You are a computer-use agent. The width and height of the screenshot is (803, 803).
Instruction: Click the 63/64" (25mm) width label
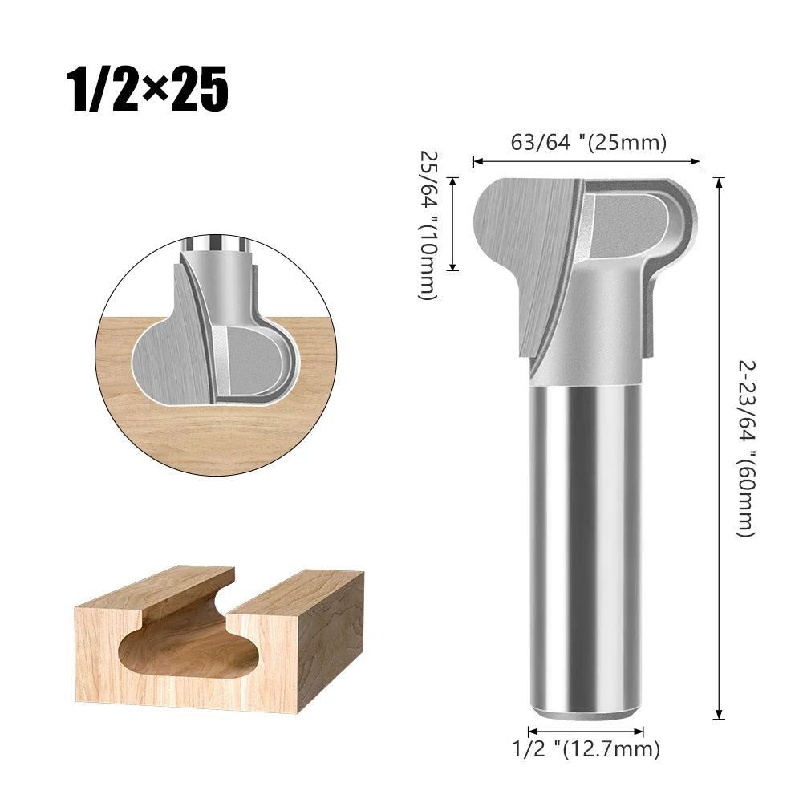tap(589, 143)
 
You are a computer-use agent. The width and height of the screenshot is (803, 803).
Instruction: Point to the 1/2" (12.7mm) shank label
tap(586, 749)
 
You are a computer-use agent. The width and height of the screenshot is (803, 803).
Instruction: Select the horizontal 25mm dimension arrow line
tap(586, 162)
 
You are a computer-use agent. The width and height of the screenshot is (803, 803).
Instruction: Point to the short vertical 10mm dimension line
tap(454, 224)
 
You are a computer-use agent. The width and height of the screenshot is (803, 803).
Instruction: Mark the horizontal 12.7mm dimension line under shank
tap(586, 731)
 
